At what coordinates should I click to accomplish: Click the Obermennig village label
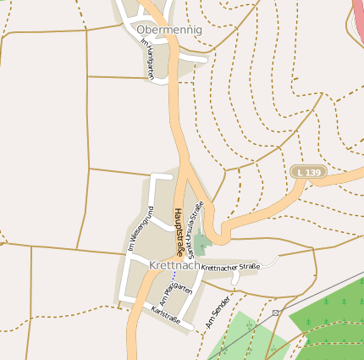[169, 30]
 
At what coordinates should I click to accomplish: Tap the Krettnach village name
[174, 265]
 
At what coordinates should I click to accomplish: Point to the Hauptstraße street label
[179, 231]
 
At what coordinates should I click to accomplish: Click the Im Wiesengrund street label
[140, 229]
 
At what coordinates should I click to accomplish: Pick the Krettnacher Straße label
[230, 268]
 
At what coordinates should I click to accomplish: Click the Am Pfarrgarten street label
[175, 297]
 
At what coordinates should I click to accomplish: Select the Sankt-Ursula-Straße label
[195, 229]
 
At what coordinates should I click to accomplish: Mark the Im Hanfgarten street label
[146, 59]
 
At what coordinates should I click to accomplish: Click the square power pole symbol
[275, 313]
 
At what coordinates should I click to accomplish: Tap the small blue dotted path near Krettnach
[174, 277]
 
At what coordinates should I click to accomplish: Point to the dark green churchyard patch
[201, 244]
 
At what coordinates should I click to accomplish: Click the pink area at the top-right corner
[358, 17]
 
